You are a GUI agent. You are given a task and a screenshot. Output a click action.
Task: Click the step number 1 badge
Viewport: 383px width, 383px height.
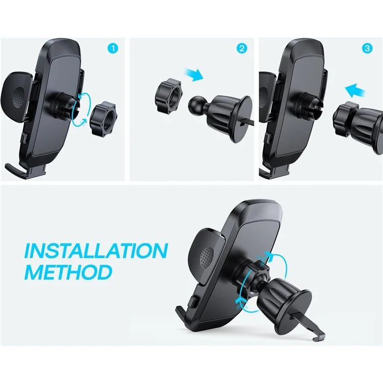tap(113, 49)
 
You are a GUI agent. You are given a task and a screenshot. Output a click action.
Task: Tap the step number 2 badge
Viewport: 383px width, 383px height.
tap(242, 49)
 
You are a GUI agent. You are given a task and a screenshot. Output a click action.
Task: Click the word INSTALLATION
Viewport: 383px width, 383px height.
tap(97, 251)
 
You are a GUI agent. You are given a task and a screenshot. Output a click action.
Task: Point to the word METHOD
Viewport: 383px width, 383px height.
tap(68, 272)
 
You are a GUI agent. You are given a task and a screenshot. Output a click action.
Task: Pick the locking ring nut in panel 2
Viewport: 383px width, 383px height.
tap(165, 95)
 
